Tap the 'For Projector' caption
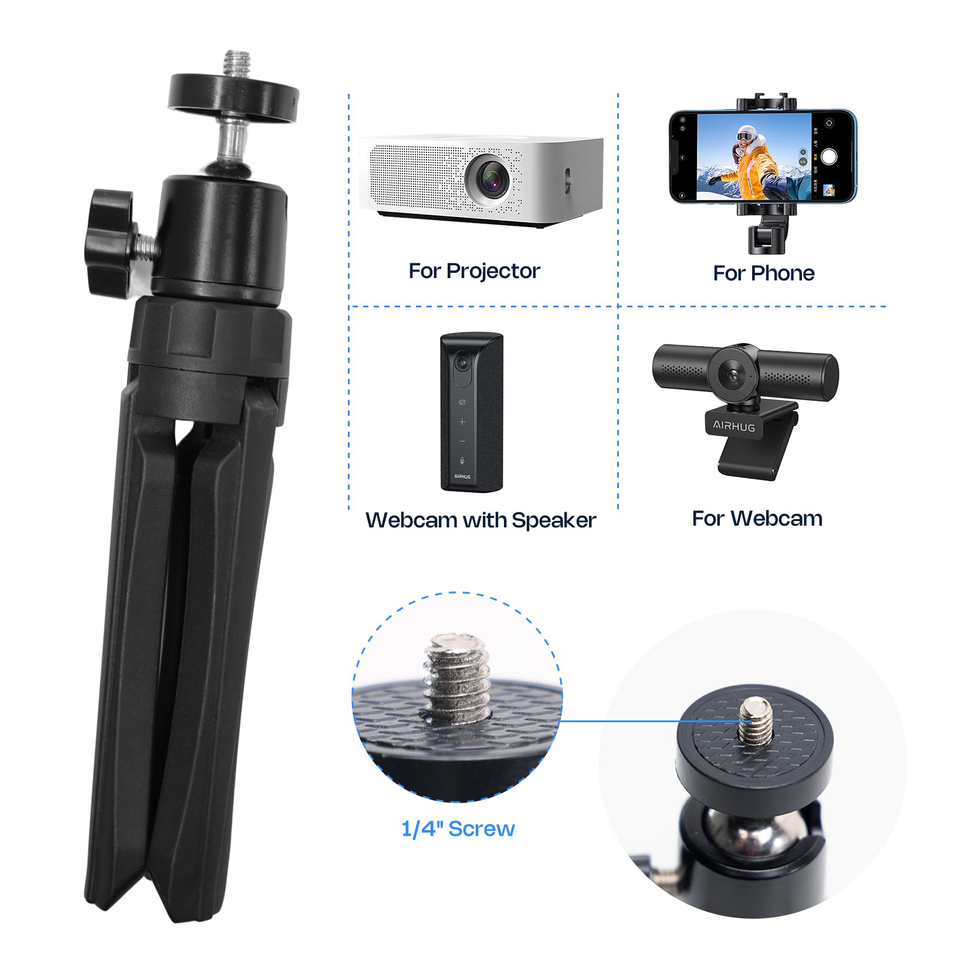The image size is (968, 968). point(474,271)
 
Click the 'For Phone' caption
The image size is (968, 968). point(763,273)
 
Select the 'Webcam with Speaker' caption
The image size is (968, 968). point(480,520)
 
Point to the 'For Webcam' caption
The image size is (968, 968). point(757,519)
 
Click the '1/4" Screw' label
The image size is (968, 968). point(458,828)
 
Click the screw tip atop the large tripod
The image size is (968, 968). point(237,61)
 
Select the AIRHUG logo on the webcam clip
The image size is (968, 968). point(733,426)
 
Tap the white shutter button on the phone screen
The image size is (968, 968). point(828,157)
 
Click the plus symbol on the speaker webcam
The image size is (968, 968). point(462,422)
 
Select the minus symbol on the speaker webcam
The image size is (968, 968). point(462,441)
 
